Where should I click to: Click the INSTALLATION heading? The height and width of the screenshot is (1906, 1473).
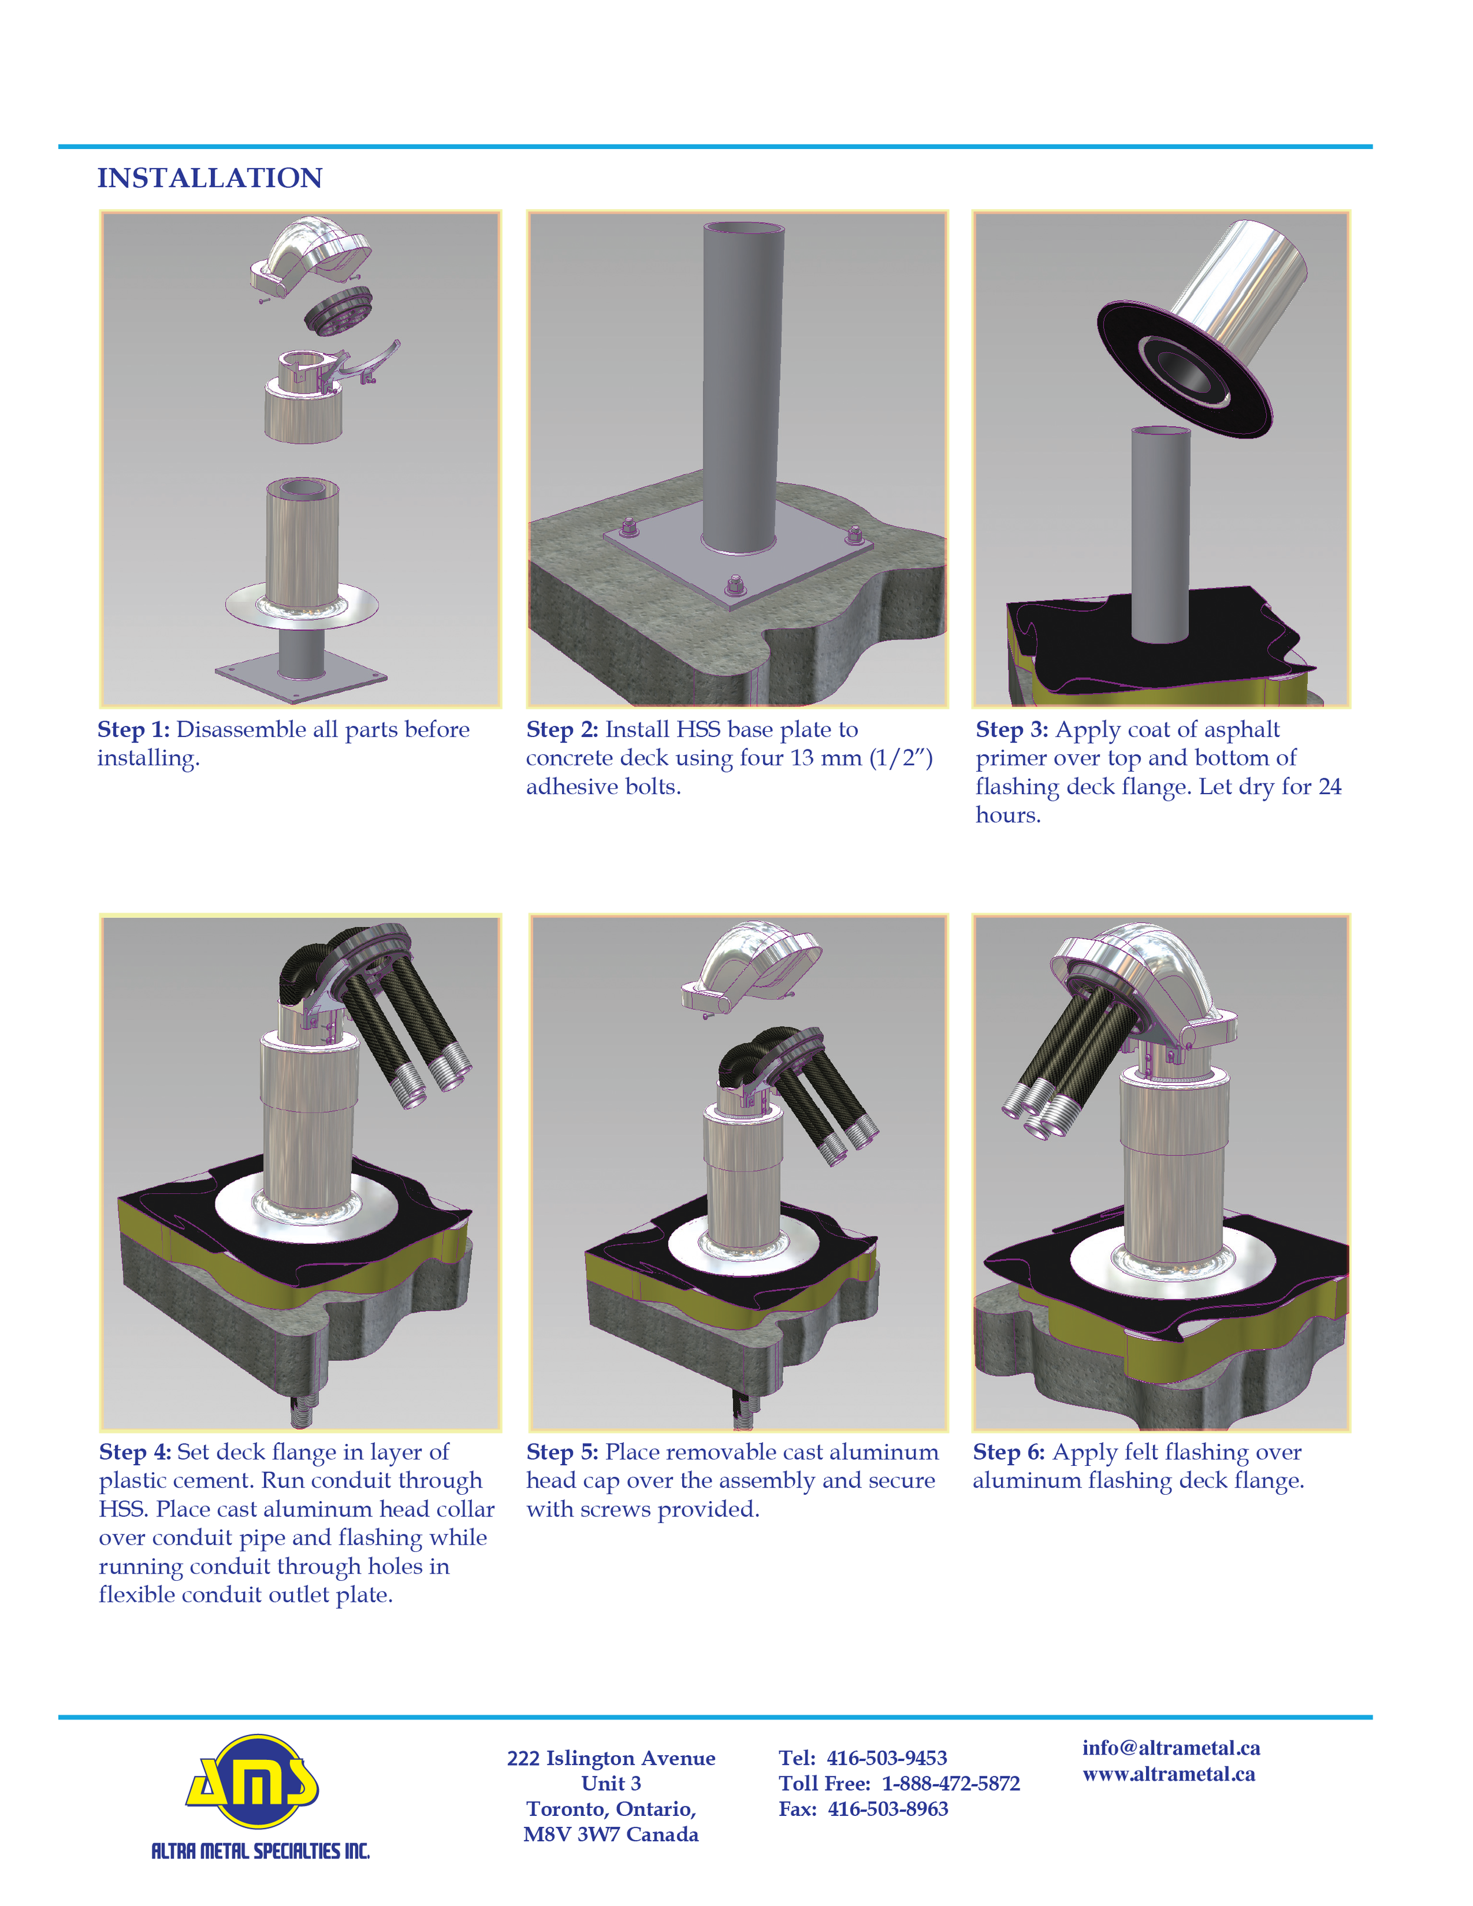209,178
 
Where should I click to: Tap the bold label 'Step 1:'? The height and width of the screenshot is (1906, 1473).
134,729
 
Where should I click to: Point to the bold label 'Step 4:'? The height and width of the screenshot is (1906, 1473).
136,1452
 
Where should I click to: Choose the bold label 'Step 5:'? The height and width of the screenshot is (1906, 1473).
562,1452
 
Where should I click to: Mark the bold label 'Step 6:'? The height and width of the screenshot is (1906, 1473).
1009,1452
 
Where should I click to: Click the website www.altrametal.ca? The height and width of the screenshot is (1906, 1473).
1168,1774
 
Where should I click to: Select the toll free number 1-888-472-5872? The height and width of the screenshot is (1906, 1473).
950,1784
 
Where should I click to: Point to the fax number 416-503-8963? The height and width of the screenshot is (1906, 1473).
887,1809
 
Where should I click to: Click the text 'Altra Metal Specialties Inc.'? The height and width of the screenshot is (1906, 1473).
260,1851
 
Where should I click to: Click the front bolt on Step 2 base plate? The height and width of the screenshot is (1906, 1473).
735,584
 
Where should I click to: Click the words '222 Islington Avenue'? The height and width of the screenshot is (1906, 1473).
611,1759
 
